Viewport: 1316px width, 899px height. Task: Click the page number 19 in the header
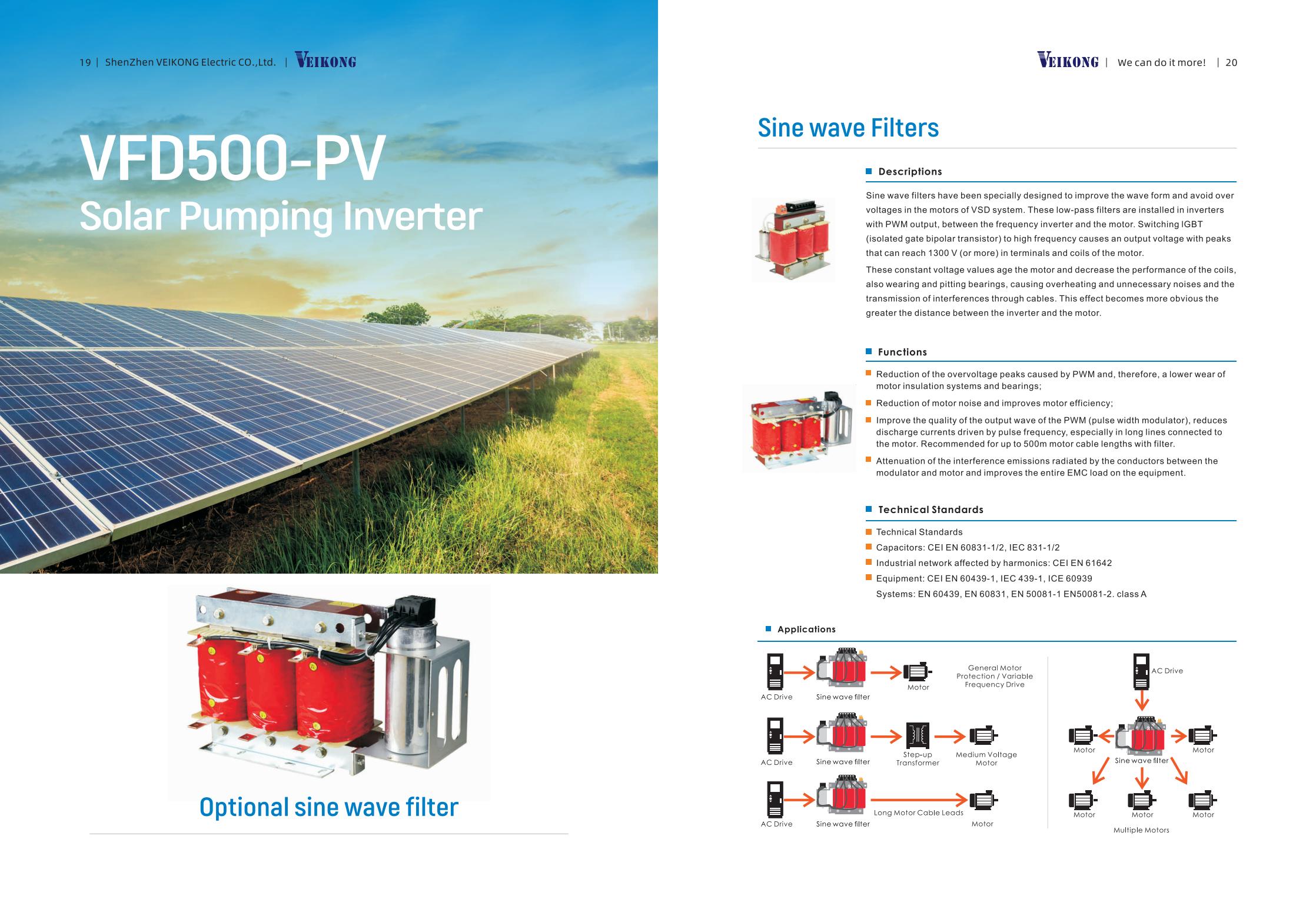85,62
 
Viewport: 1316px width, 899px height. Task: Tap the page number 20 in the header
1231,62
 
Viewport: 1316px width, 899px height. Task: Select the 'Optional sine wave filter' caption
328,807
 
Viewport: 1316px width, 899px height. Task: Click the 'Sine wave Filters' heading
848,128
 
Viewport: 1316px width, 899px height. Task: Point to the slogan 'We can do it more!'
1161,62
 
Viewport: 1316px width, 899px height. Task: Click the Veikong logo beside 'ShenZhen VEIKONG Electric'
325,61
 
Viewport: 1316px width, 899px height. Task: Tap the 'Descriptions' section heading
910,172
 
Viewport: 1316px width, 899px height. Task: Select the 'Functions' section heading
902,352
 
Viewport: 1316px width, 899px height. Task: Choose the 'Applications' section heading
806,630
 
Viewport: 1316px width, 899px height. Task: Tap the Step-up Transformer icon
918,736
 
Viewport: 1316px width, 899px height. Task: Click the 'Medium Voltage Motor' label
986,759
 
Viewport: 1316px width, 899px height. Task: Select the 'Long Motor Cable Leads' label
919,813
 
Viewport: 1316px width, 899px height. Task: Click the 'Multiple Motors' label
1141,830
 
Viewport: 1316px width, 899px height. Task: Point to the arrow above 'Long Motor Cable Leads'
919,800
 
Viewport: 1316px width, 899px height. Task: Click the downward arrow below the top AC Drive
1142,700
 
